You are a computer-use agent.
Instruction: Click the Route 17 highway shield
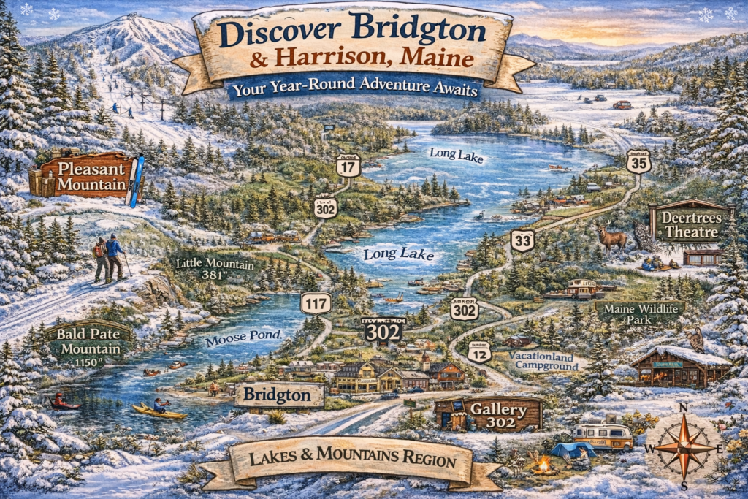point(348,166)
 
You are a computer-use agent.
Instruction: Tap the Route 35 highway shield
point(638,161)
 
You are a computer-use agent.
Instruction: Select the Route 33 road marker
point(522,240)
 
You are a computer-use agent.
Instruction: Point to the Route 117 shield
point(316,302)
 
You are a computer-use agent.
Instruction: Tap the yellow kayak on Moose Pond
point(159,411)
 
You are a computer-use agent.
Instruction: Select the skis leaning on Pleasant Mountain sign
point(135,181)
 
